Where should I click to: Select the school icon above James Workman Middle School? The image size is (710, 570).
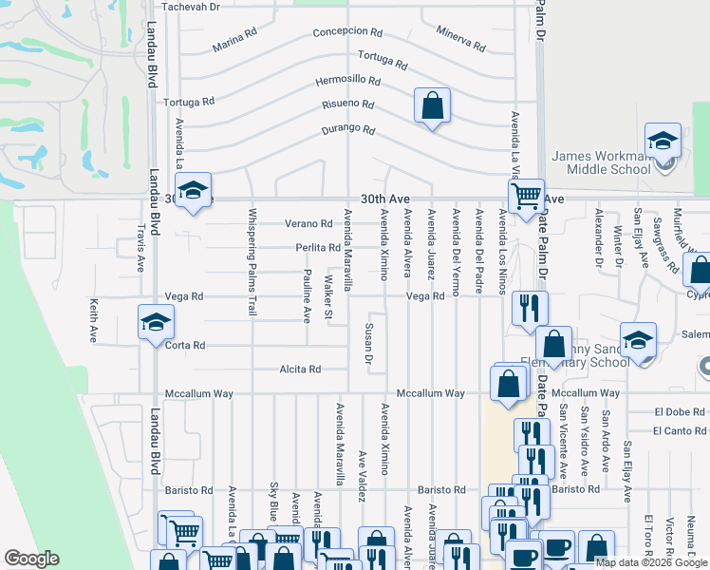[x=663, y=141]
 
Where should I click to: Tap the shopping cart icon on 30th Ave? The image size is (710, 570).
[x=525, y=197]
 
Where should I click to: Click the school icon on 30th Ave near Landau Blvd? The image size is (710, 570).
[x=193, y=192]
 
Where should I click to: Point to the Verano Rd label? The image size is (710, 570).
[x=309, y=224]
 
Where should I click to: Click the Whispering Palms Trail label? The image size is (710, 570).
[x=252, y=262]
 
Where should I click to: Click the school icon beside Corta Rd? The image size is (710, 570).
[x=156, y=323]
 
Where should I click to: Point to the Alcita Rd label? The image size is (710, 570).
[x=300, y=369]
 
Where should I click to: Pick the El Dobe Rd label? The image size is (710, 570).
[x=681, y=412]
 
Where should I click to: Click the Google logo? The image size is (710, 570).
[x=31, y=559]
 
